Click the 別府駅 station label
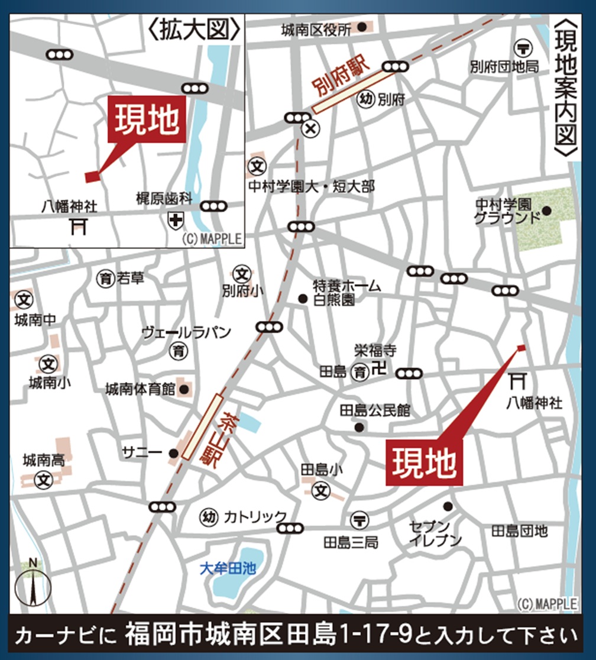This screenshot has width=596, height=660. (340, 83)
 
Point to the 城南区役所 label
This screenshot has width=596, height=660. (316, 29)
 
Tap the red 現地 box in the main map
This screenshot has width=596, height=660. (424, 462)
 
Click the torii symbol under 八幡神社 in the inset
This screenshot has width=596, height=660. (78, 225)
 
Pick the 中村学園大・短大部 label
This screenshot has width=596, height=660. (312, 187)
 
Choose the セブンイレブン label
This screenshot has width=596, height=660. (436, 533)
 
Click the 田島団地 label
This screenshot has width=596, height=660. (519, 530)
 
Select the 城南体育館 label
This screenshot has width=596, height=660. (140, 389)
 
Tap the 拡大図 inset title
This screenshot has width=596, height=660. (195, 29)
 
